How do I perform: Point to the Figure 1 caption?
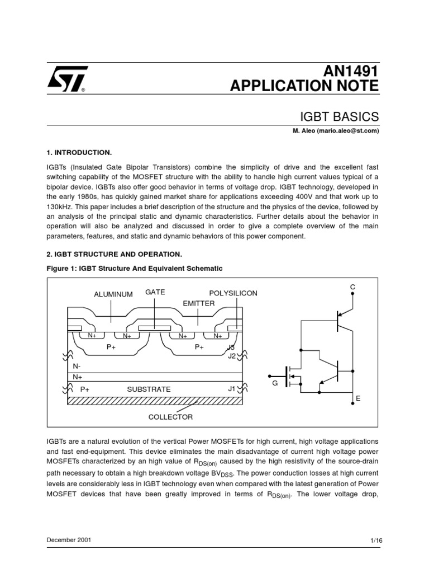[134, 269]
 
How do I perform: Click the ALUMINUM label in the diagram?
[113, 294]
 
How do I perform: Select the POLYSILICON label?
[233, 294]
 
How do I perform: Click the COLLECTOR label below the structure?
[170, 417]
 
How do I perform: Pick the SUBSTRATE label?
[149, 389]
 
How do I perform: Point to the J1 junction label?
[232, 388]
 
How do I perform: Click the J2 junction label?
[231, 356]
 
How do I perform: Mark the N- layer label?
[77, 366]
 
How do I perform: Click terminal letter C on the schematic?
[352, 287]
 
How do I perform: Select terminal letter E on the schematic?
[358, 398]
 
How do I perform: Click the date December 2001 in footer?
[69, 541]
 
